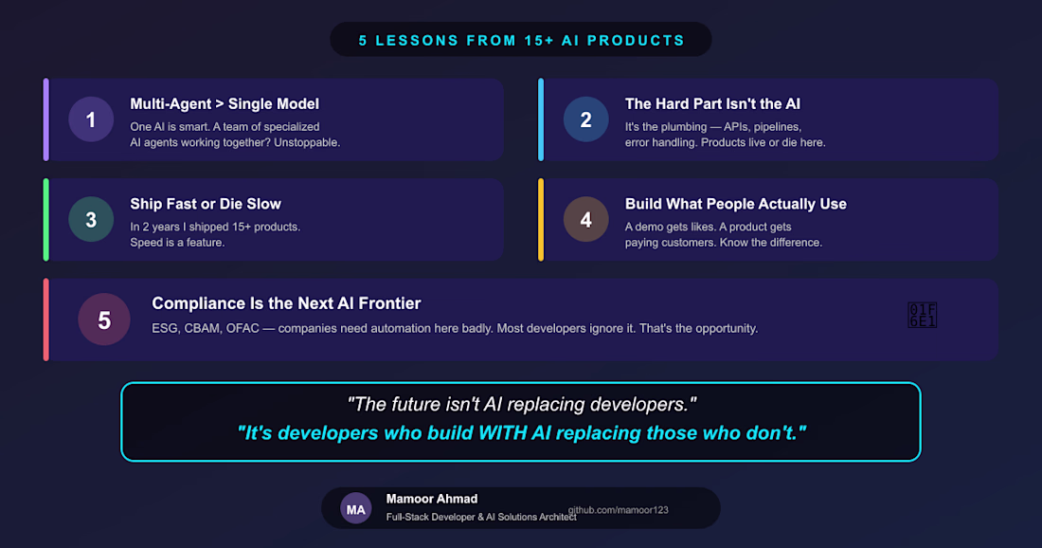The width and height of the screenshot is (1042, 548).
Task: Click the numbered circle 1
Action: tap(91, 119)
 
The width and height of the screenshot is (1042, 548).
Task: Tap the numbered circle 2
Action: tap(586, 119)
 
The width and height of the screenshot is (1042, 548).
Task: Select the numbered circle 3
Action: tap(91, 219)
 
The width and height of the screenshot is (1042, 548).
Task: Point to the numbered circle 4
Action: tap(586, 219)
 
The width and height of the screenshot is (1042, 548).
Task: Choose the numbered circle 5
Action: tap(104, 320)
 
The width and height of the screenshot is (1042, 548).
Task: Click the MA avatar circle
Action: tap(355, 509)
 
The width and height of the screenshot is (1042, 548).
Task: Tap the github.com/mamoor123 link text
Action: tap(618, 510)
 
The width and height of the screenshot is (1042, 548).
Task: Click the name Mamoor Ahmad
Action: tap(432, 499)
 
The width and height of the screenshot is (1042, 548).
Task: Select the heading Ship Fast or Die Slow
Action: tap(206, 204)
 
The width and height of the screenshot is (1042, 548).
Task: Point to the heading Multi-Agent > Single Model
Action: tap(225, 104)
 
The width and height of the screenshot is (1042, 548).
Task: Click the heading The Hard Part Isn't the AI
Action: tap(712, 104)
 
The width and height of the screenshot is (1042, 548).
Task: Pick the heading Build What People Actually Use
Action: tap(736, 204)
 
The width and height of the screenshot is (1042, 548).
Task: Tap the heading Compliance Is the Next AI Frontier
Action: tap(286, 304)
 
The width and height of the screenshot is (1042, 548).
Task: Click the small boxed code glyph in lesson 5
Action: tap(923, 315)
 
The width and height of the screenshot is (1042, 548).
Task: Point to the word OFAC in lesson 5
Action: tap(242, 329)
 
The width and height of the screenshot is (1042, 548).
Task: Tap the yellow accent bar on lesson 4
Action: tap(541, 219)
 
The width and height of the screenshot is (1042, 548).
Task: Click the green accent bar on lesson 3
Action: tap(45, 219)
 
